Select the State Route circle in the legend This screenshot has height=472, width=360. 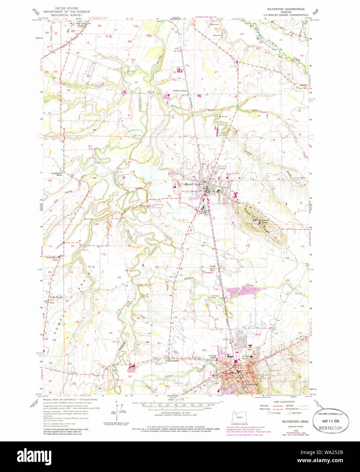[x=289, y=413]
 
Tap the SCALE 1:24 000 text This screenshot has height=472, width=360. [x=175, y=400]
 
